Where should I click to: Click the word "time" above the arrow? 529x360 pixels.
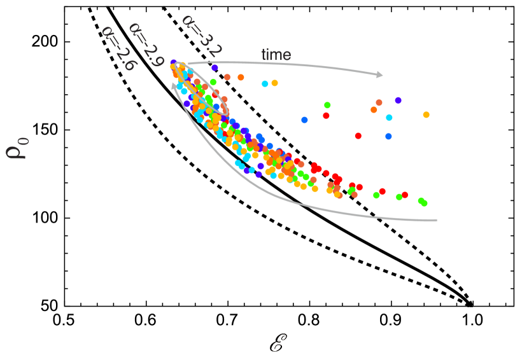[x=276, y=55]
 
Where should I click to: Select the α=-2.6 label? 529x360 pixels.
[x=118, y=48]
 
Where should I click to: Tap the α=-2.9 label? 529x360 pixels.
[x=146, y=45]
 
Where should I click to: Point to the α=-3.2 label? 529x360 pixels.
[x=201, y=36]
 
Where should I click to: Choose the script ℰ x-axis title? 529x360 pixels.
[x=278, y=342]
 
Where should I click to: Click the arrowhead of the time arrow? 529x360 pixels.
[x=380, y=75]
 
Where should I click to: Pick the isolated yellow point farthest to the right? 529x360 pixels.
[x=426, y=114]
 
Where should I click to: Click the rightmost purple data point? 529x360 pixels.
[x=398, y=100]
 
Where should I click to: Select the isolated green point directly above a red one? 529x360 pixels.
[x=327, y=105]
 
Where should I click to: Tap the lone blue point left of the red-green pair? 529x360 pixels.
[x=304, y=120]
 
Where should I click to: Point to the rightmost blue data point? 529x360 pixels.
[x=388, y=136]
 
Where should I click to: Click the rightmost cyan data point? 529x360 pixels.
[x=389, y=118]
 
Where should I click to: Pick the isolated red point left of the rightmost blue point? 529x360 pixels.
[x=358, y=135]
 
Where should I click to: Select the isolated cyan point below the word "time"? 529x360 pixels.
[x=265, y=84]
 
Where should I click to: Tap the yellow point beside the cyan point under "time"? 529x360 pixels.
[x=274, y=83]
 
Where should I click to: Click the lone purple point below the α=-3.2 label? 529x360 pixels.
[x=215, y=67]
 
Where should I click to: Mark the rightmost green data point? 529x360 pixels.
[x=424, y=204]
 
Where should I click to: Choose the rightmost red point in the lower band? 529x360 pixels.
[x=404, y=195]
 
